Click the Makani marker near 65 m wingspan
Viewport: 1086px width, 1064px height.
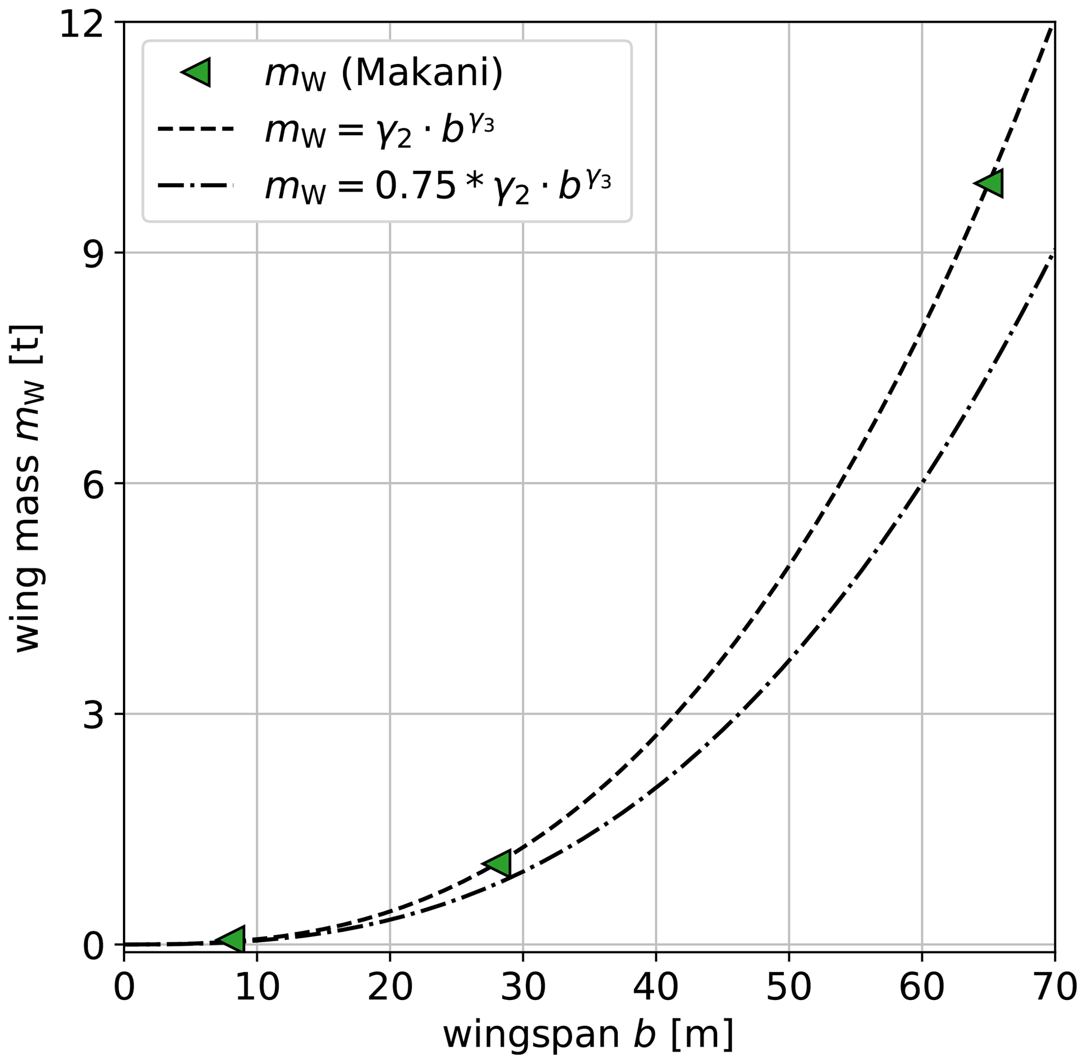991,183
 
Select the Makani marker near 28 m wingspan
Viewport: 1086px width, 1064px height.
499,863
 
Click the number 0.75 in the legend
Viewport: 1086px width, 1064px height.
415,185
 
